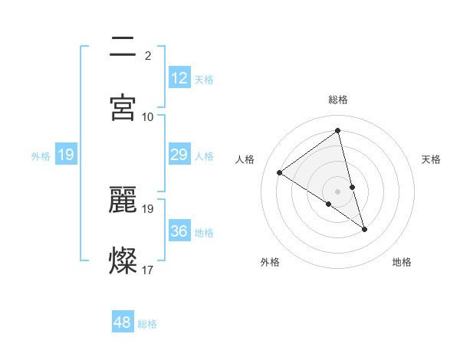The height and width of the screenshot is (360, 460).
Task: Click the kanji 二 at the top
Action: pos(123,46)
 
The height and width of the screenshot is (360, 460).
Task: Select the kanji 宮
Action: pos(123,107)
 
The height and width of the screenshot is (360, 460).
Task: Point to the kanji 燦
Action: pos(123,260)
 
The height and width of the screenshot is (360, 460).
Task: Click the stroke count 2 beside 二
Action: pos(147,55)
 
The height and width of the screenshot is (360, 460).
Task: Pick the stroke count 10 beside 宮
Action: pos(147,116)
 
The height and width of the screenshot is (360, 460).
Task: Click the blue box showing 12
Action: pos(179,78)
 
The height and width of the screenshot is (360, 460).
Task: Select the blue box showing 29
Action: pos(179,155)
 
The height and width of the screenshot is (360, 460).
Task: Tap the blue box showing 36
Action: pos(179,231)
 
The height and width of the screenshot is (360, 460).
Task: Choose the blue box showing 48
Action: pos(122,322)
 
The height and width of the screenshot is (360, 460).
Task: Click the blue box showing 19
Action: pos(65,155)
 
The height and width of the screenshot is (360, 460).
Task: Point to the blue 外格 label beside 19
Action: pos(41,156)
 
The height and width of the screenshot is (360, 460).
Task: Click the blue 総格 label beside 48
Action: pos(147,324)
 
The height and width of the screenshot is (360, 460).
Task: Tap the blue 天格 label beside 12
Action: pos(204,80)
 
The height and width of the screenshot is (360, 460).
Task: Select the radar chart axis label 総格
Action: pos(338,100)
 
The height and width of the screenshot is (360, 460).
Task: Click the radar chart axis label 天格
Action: pos(432,159)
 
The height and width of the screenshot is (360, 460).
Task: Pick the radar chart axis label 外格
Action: pos(270,262)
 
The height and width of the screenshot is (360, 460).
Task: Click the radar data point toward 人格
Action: pos(280,172)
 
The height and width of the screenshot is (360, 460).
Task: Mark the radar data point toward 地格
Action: pos(365,229)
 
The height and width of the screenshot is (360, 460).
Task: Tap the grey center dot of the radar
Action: pos(337,191)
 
